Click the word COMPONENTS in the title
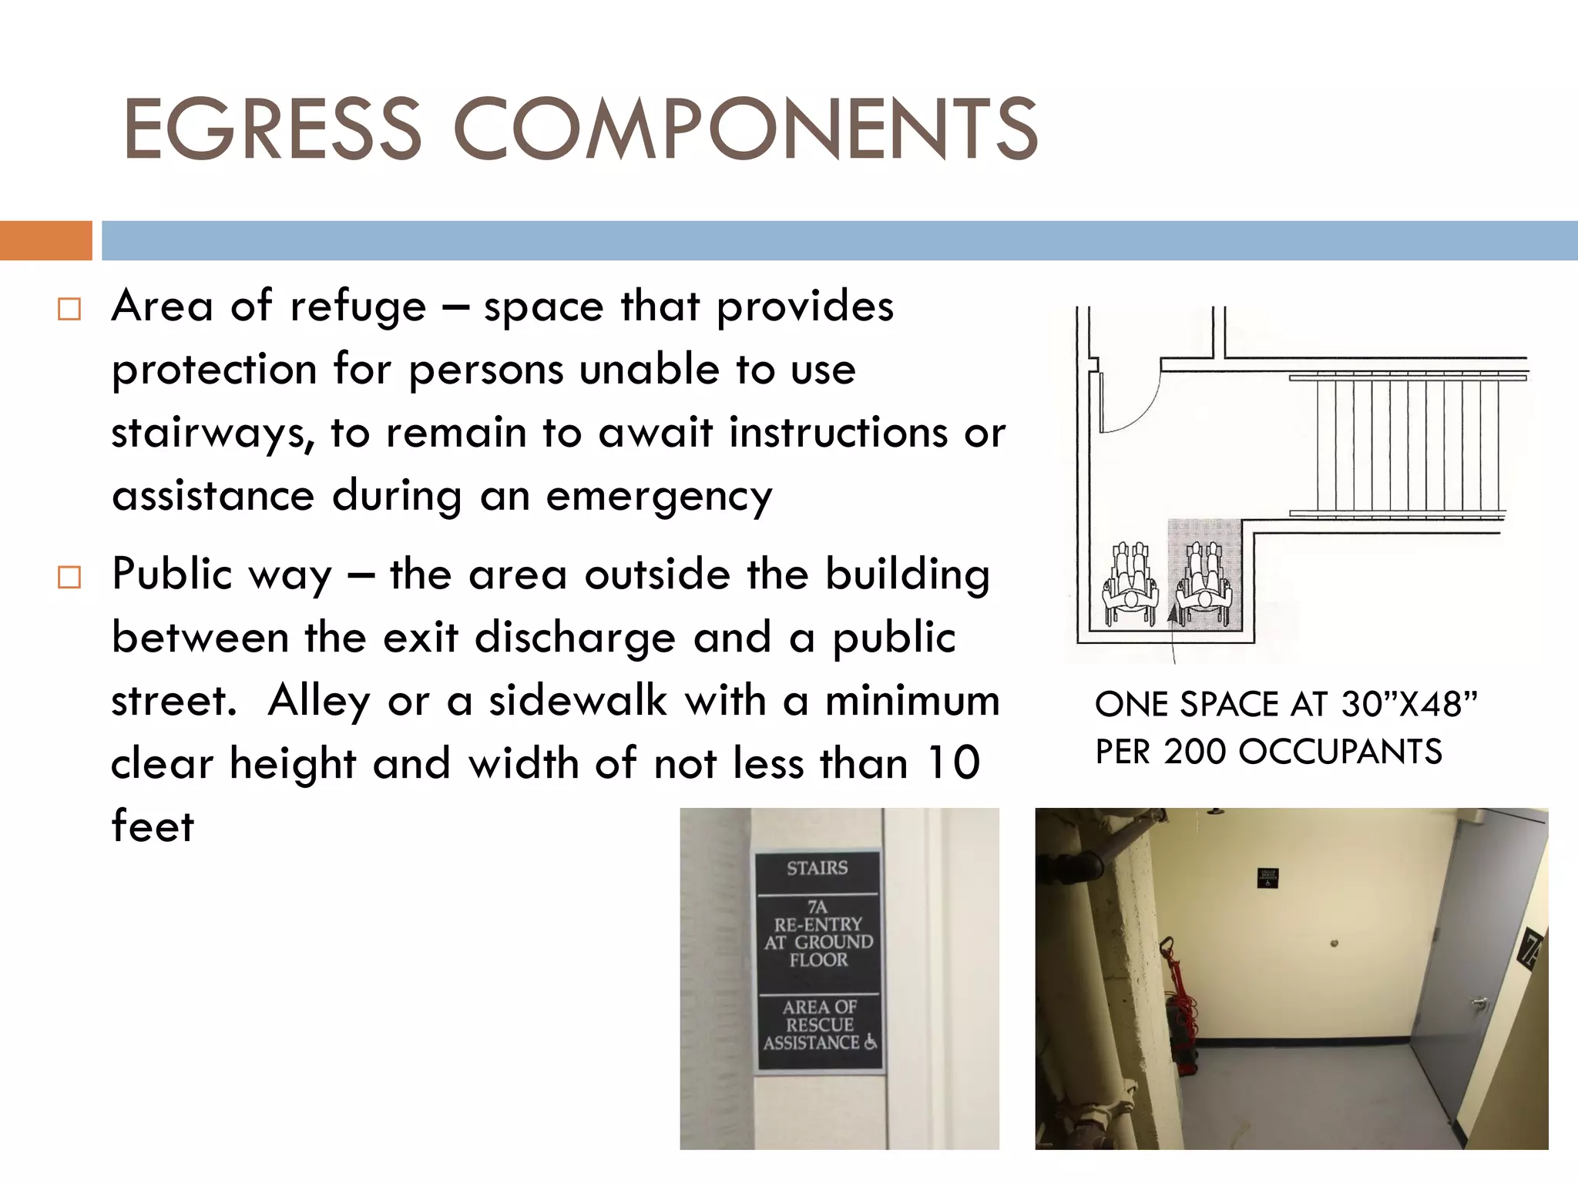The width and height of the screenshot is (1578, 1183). pyautogui.click(x=746, y=129)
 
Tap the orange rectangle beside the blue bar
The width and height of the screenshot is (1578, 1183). pyautogui.click(x=45, y=240)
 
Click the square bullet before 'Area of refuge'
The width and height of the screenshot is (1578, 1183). pyautogui.click(x=69, y=310)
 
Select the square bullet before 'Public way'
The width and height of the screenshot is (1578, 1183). pyautogui.click(x=69, y=577)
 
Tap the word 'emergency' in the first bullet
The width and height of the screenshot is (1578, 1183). pyautogui.click(x=659, y=497)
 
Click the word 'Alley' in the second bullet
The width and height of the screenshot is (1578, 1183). pyautogui.click(x=318, y=702)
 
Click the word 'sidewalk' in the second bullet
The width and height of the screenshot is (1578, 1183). pyautogui.click(x=578, y=702)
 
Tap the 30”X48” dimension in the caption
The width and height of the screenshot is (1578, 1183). pyautogui.click(x=1408, y=704)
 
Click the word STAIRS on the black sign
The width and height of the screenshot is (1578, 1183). pyautogui.click(x=817, y=869)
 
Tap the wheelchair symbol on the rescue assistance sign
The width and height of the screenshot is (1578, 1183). pyautogui.click(x=870, y=1042)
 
